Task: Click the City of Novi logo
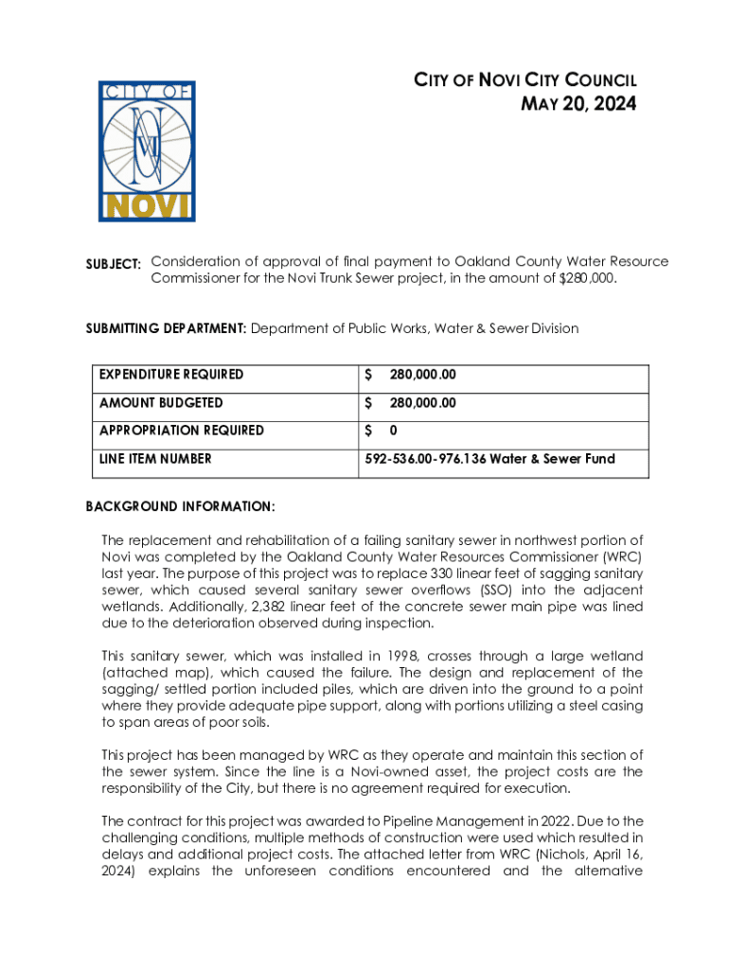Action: coord(147,151)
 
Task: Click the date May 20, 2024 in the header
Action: coord(579,104)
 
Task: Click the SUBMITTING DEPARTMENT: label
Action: coord(166,327)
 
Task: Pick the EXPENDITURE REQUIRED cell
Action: coord(171,374)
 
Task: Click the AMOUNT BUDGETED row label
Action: coord(162,402)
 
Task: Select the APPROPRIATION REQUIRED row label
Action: coord(182,431)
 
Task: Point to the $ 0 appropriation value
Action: coord(374,431)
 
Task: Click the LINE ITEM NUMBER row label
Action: coord(155,459)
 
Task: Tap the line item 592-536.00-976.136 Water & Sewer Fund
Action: coord(489,459)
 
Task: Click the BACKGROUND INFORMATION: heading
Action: coord(181,507)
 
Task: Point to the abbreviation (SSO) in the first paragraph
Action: coord(466,590)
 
